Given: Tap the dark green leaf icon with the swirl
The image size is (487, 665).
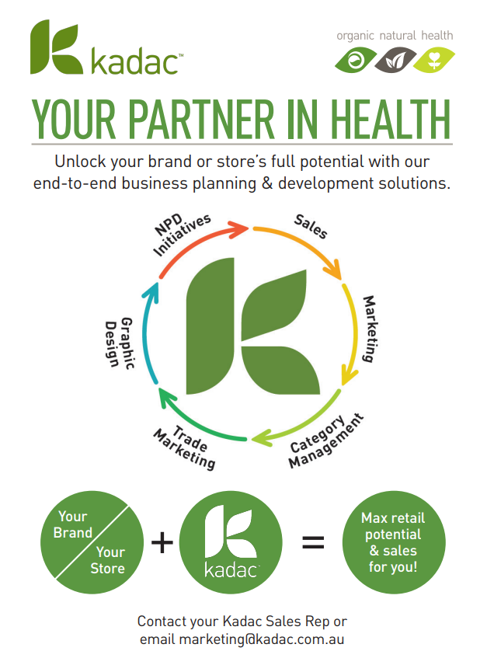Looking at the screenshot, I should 355,60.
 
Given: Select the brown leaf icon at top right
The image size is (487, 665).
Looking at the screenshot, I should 395,60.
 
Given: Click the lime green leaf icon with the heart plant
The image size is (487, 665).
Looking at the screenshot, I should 434,60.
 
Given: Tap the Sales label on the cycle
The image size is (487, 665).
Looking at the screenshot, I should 310,225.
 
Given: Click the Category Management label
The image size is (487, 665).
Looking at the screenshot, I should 326,442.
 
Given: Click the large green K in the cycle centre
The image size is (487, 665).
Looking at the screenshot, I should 252,326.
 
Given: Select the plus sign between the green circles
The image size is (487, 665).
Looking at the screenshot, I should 162,542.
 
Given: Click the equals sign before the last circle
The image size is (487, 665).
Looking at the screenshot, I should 312,542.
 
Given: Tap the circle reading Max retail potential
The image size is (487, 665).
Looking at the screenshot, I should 394,542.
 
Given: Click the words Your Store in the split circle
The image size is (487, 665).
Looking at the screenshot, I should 108,559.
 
